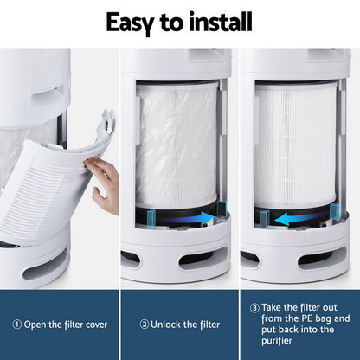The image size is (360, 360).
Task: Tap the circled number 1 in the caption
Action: pyautogui.click(x=17, y=325)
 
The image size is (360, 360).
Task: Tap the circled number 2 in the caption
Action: pyautogui.click(x=145, y=325)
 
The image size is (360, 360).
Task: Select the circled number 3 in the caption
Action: pyautogui.click(x=254, y=307)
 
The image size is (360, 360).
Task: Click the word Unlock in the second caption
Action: pyautogui.click(x=171, y=325)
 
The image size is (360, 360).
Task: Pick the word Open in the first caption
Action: pyautogui.click(x=38, y=325)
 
